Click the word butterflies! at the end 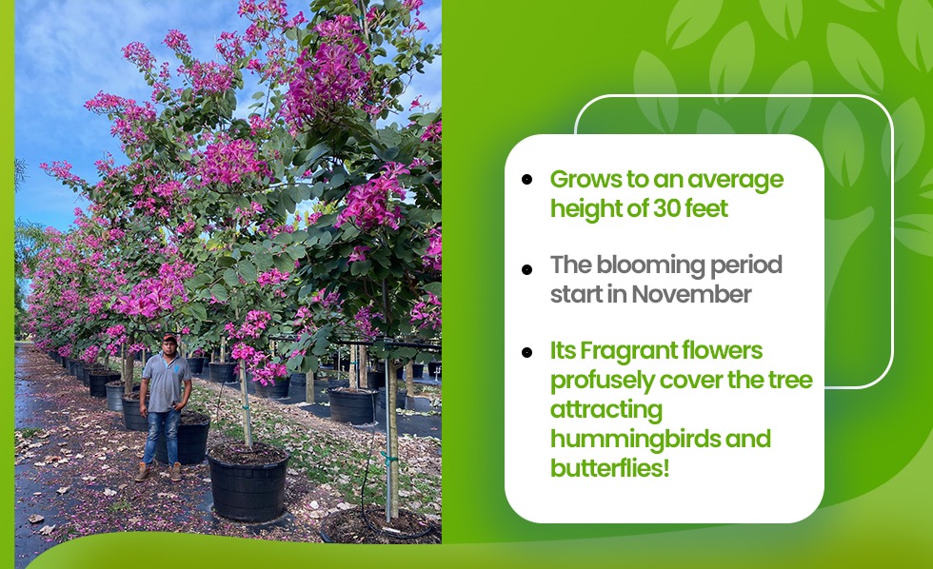click(609, 468)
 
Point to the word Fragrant click(628, 351)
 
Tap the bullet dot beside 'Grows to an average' click(526, 179)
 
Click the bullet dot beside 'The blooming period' click(526, 269)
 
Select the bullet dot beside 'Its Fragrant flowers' click(526, 353)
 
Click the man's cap click(170, 337)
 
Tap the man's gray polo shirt click(166, 382)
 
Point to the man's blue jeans click(162, 437)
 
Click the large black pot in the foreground click(248, 481)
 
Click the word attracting click(605, 410)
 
